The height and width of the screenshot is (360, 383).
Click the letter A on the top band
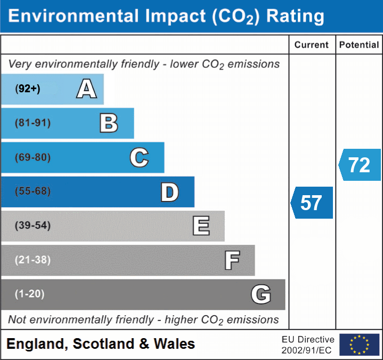click(86, 89)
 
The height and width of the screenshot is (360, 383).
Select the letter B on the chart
click(109, 123)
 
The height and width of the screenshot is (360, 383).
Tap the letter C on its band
click(139, 157)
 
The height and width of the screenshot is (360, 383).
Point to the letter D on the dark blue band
click(169, 192)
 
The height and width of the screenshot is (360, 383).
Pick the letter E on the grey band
click(201, 226)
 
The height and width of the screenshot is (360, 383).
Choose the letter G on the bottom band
click(261, 294)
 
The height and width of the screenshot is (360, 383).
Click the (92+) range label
click(28, 89)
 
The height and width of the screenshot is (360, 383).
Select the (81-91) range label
click(32, 123)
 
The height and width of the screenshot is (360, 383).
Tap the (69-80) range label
click(32, 157)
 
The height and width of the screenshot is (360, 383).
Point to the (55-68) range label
click(32, 191)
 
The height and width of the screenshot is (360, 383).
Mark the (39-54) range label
click(32, 226)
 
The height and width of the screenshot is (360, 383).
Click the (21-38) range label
click(32, 260)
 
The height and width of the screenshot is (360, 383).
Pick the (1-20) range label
click(29, 294)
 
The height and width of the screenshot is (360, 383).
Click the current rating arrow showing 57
click(312, 203)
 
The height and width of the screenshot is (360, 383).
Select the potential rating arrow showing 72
click(360, 165)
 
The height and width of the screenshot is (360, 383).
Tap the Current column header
click(312, 45)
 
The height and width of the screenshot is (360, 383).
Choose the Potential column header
click(359, 45)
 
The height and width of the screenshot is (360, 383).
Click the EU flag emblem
click(359, 345)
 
